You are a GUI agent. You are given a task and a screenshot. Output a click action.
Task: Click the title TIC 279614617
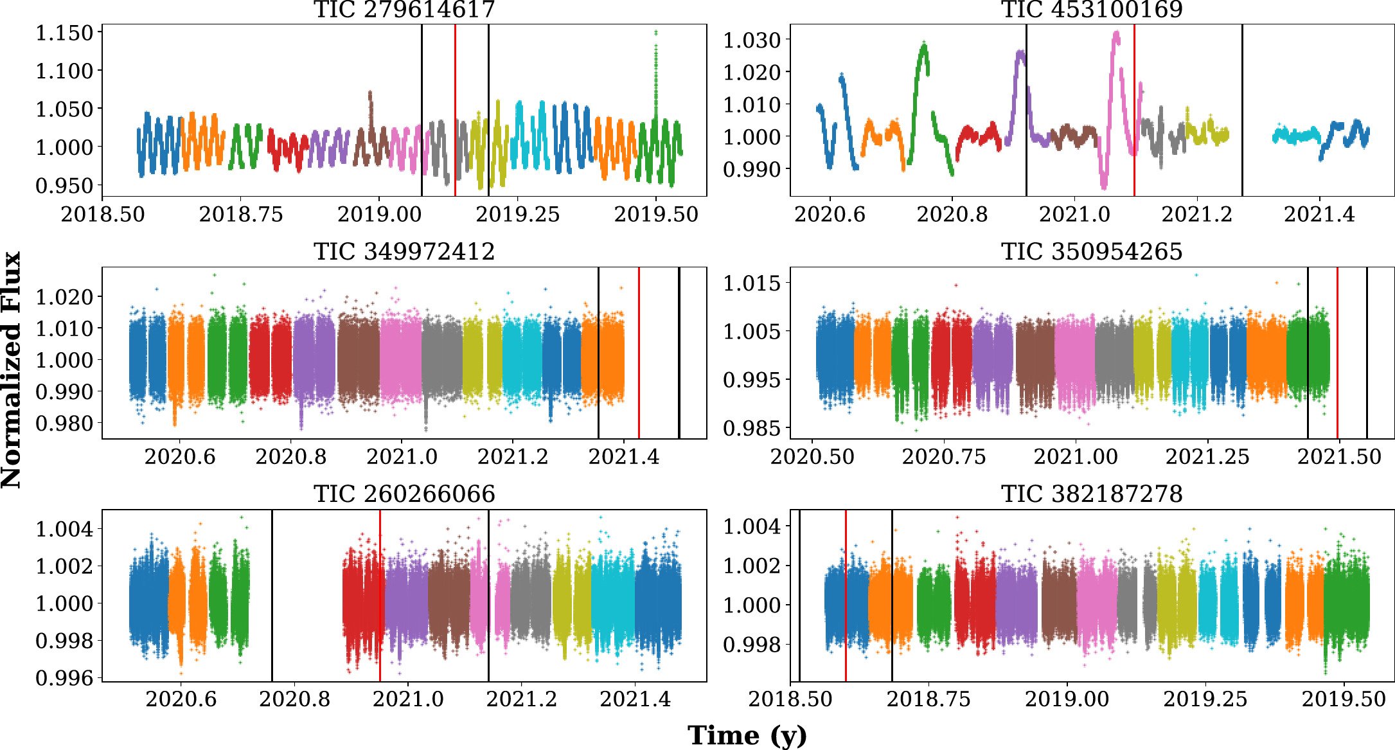pos(404,10)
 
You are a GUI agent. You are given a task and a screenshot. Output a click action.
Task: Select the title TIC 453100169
pos(1092,10)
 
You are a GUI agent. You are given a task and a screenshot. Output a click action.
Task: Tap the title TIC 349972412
pos(404,251)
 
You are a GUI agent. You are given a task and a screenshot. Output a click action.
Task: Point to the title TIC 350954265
pos(1092,251)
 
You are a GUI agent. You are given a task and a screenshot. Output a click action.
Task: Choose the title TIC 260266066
pos(404,494)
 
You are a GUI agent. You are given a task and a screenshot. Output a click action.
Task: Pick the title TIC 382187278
pos(1092,494)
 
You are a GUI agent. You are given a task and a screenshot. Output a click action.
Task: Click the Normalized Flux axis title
pos(12,370)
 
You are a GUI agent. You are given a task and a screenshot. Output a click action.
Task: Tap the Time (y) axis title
pos(747,735)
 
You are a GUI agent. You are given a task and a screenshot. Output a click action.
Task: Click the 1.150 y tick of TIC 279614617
pos(64,33)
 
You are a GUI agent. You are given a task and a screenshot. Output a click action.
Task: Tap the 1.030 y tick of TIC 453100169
pos(752,40)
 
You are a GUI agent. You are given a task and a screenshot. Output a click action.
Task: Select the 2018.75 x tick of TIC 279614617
pos(241,214)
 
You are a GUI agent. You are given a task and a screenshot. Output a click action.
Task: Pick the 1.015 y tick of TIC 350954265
pos(752,283)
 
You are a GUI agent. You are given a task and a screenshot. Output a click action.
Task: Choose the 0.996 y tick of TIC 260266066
pos(64,677)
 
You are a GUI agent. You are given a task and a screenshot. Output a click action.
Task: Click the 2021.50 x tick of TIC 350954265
pos(1339,457)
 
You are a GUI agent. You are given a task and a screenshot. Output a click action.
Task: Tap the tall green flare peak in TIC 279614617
pos(655,32)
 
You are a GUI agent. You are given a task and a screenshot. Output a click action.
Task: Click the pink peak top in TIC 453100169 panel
pos(1116,33)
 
